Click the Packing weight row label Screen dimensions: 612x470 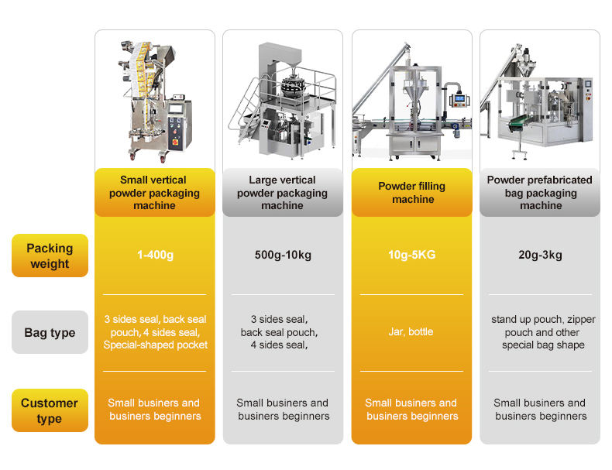(x=50, y=256)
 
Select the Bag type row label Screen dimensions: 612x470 (x=50, y=332)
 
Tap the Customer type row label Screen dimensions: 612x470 (x=50, y=410)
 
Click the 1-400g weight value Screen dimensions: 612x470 (x=155, y=255)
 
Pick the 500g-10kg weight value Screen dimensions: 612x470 (x=282, y=255)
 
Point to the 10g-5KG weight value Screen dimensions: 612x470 (x=411, y=255)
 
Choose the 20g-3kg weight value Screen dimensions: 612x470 (x=540, y=255)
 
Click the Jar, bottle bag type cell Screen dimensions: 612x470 (x=411, y=331)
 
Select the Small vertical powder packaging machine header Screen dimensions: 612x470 (x=155, y=193)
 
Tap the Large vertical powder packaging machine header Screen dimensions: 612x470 (x=282, y=193)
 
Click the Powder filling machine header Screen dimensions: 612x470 (x=411, y=193)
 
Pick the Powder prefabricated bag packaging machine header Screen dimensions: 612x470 (x=540, y=193)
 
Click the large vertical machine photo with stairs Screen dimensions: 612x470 (x=282, y=101)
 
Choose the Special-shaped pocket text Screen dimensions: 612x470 (x=155, y=345)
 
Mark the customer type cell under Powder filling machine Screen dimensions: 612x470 (x=411, y=410)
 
